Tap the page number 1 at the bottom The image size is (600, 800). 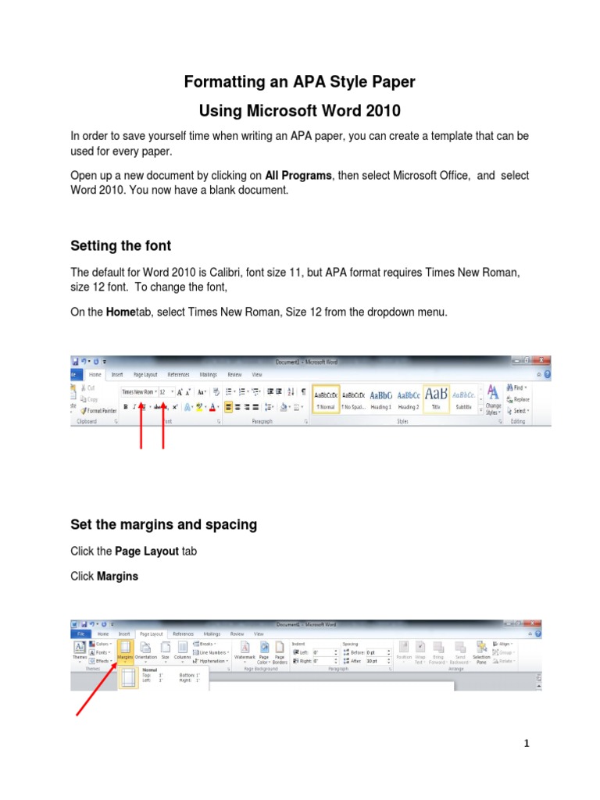[x=527, y=744]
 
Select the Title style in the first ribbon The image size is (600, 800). [x=435, y=398]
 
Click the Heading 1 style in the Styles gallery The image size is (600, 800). [x=381, y=398]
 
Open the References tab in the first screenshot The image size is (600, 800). [x=179, y=374]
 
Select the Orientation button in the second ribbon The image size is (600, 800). [x=146, y=650]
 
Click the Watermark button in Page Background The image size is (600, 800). [x=245, y=650]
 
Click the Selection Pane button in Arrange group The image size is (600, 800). [x=481, y=650]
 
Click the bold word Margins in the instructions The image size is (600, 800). [x=117, y=577]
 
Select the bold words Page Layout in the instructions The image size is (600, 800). [x=147, y=551]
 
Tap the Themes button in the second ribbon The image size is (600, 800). [x=80, y=650]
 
